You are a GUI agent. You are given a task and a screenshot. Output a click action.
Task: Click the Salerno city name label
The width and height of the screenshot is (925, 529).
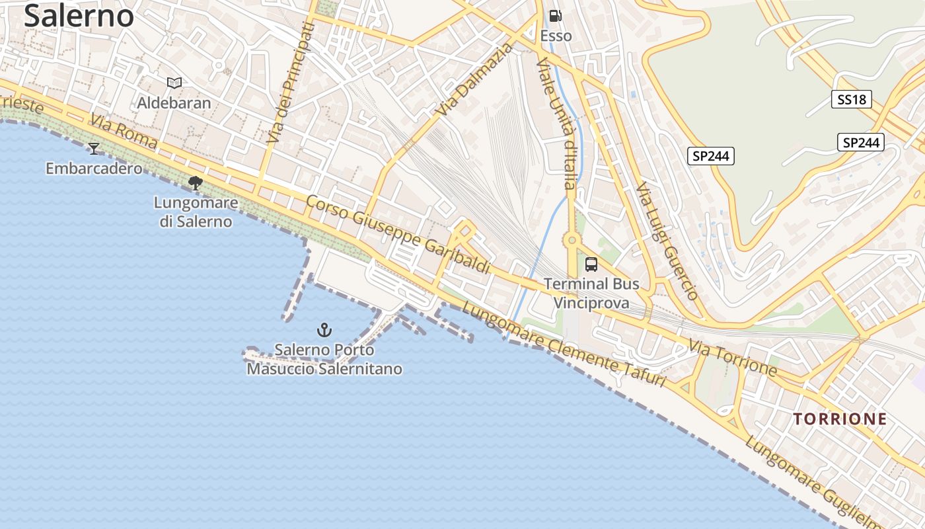click(79, 15)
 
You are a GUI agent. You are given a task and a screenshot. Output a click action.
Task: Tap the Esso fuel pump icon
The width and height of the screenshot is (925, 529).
click(556, 16)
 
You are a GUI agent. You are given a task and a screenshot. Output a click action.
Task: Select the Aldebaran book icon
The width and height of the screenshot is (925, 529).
click(174, 83)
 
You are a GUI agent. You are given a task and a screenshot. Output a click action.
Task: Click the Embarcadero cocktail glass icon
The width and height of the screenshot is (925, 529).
click(94, 148)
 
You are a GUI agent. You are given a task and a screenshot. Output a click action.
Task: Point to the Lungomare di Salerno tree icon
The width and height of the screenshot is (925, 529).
click(195, 183)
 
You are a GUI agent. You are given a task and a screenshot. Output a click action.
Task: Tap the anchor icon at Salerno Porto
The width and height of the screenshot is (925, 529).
click(324, 329)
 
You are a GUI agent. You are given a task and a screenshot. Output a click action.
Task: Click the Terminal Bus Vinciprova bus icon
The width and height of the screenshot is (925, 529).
click(591, 264)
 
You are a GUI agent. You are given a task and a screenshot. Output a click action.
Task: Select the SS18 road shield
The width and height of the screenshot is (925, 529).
click(851, 100)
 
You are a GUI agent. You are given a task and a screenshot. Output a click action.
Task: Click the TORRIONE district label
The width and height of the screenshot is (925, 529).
click(840, 419)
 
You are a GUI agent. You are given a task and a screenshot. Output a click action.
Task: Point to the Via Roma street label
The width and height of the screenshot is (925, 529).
click(124, 132)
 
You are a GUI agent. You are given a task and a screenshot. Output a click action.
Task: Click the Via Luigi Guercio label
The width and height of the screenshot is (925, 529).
click(666, 241)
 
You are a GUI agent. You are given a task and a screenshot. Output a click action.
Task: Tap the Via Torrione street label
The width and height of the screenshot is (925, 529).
click(732, 357)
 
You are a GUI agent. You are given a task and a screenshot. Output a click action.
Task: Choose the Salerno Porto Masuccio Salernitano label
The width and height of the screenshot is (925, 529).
click(324, 359)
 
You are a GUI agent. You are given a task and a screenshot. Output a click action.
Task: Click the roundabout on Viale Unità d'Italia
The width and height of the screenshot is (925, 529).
click(571, 240)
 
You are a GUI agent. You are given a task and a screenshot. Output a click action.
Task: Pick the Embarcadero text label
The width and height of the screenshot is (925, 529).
click(94, 169)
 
